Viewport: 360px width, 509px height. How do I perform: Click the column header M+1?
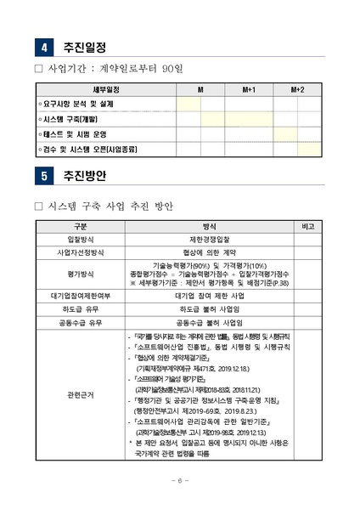pos(249,88)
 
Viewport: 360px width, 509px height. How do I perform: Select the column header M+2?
pos(297,88)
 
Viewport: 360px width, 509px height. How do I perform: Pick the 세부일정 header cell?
pos(105,88)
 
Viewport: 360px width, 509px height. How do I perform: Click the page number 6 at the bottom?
pos(180,480)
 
